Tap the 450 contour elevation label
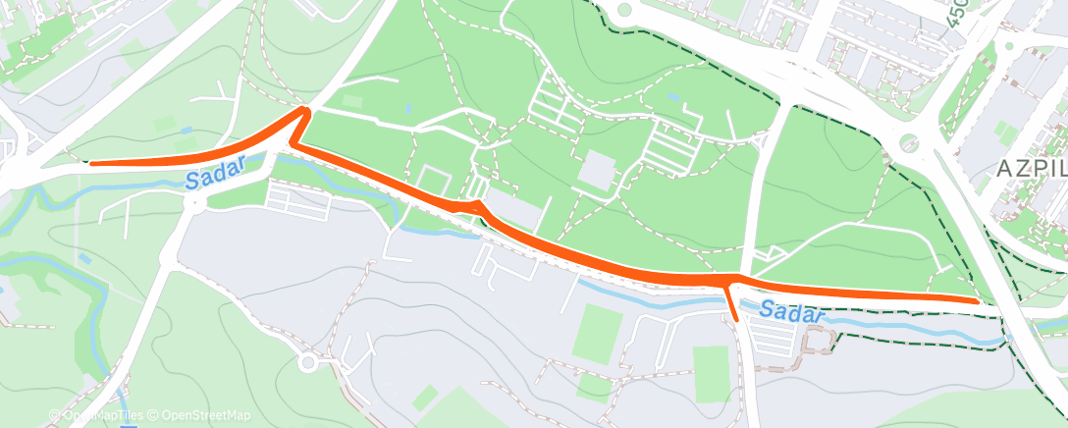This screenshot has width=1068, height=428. [x=957, y=14]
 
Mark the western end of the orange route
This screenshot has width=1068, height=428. [x=91, y=164]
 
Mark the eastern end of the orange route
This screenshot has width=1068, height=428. [x=977, y=301]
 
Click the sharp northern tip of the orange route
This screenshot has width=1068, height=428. [x=304, y=112]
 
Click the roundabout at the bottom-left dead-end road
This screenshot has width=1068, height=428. [x=308, y=362]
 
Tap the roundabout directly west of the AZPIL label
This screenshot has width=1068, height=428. [x=909, y=143]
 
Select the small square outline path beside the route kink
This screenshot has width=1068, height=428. [x=433, y=180]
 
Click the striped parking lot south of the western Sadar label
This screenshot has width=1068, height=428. [x=298, y=203]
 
